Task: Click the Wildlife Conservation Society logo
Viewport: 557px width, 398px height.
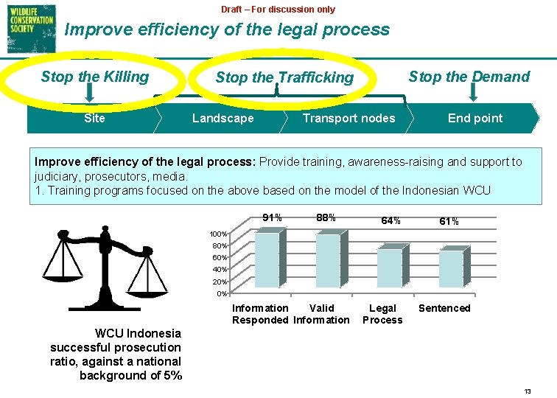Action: coord(29,28)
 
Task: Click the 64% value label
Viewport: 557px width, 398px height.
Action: coord(390,220)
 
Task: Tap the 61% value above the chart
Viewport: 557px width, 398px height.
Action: coord(449,221)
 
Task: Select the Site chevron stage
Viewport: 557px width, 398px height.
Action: coord(94,118)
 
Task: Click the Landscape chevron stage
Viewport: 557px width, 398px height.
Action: coord(223,118)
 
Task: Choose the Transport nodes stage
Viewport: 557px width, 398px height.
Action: coord(348,118)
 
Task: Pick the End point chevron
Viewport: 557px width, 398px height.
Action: coord(475,118)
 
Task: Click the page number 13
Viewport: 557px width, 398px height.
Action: coord(528,391)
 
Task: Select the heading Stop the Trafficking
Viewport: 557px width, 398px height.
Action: coord(284,77)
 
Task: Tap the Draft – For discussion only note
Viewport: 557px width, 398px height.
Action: coord(278,10)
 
